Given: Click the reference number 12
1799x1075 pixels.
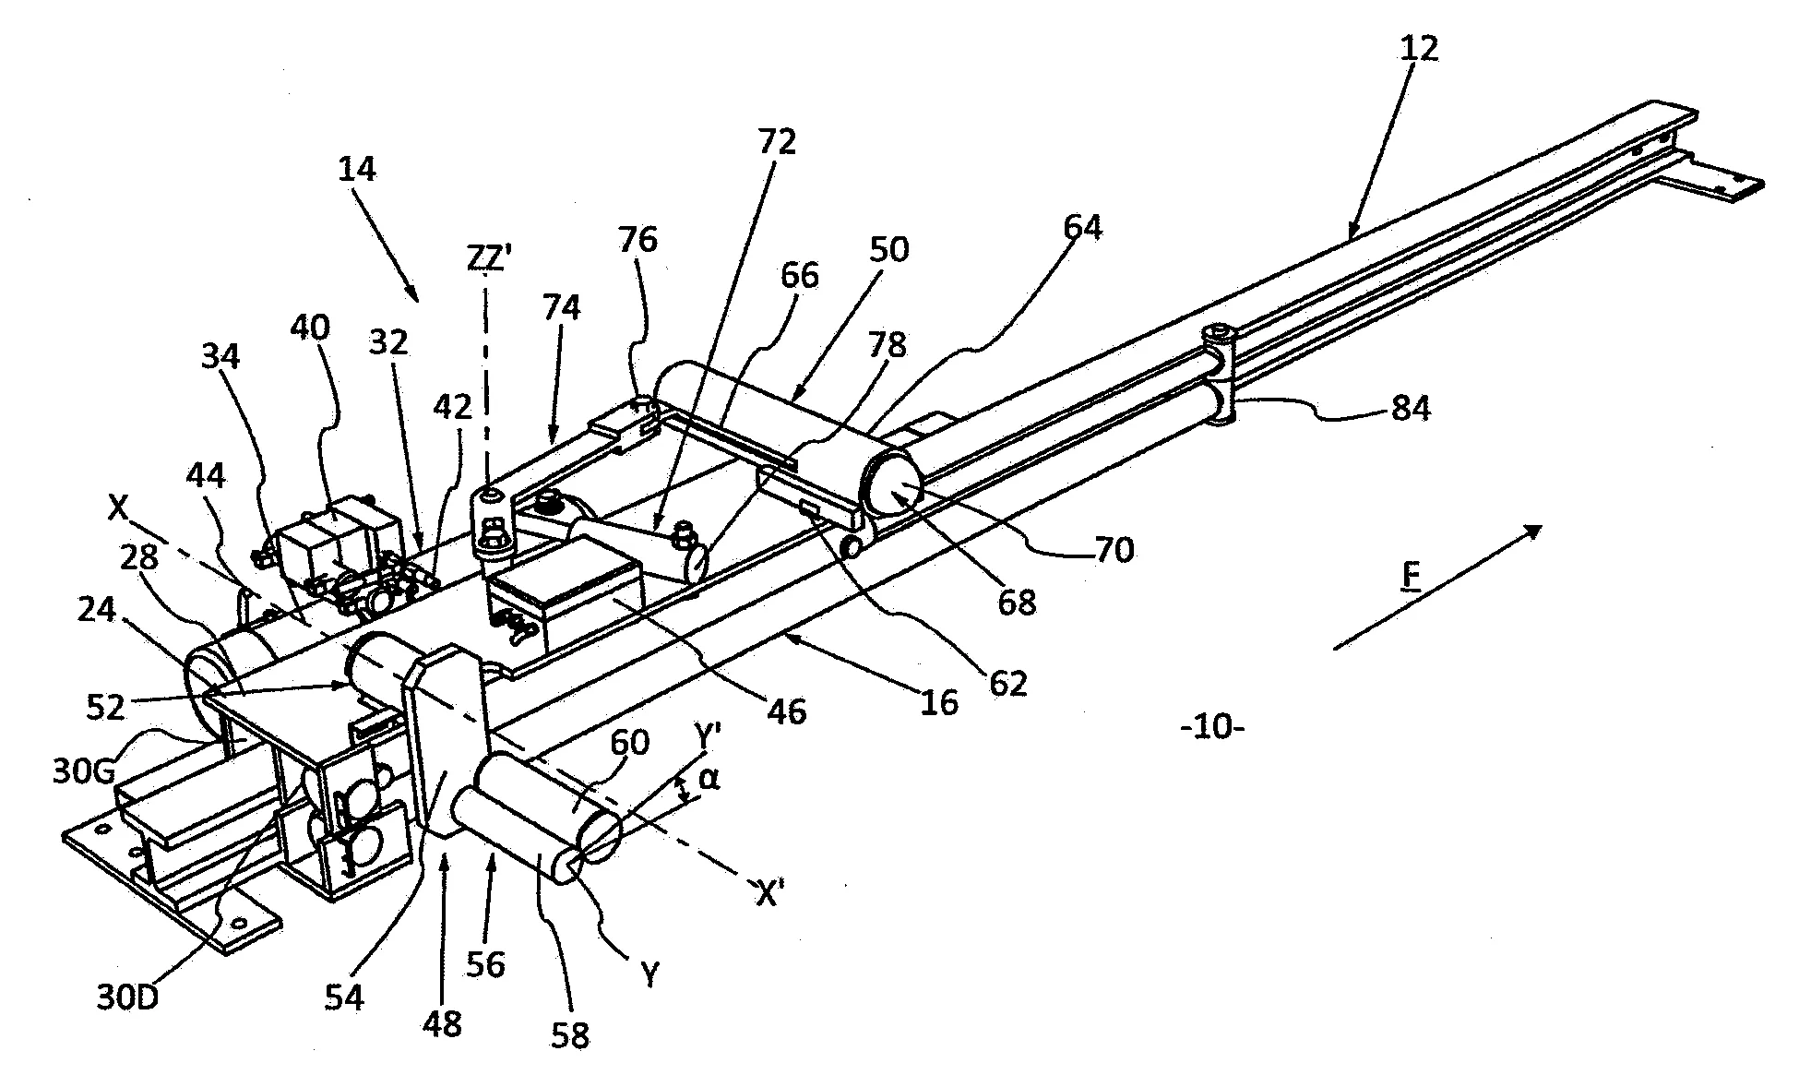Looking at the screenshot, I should pyautogui.click(x=1418, y=48).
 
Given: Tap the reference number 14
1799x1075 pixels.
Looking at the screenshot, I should pyautogui.click(x=357, y=169).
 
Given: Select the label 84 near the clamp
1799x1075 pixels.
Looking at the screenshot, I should pyautogui.click(x=1410, y=407).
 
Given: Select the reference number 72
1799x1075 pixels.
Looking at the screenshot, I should pyautogui.click(x=777, y=141).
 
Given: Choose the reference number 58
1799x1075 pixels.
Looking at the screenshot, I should pyautogui.click(x=570, y=1034).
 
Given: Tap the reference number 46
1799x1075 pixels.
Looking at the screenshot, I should pyautogui.click(x=787, y=711).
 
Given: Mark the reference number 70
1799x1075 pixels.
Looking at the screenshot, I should pyautogui.click(x=1114, y=550).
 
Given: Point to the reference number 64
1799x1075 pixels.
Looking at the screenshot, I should pyautogui.click(x=1082, y=227).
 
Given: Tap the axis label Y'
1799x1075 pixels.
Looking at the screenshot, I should pyautogui.click(x=709, y=737).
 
